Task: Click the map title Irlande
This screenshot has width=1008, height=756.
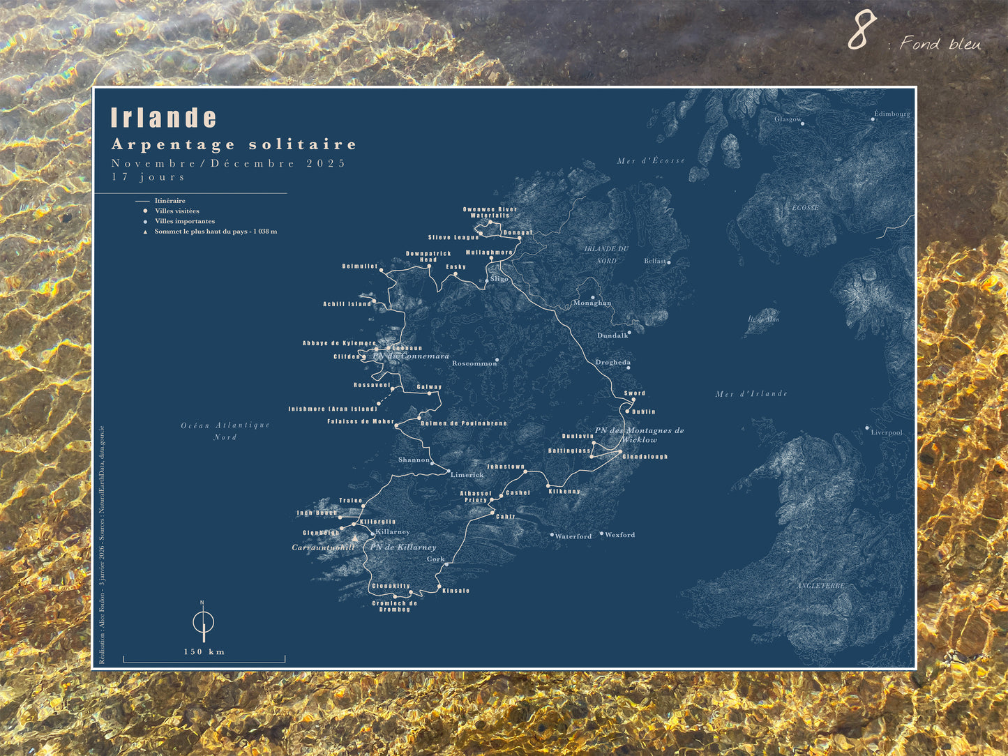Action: [x=164, y=118]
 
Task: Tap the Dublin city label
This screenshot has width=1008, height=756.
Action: [x=644, y=411]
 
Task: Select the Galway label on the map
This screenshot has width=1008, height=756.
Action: [x=429, y=387]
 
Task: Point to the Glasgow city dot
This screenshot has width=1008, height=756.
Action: [x=802, y=124]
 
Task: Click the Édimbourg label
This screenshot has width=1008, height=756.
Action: [x=892, y=114]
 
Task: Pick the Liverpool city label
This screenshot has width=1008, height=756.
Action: [x=887, y=432]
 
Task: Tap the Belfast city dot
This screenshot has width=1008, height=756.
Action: [x=669, y=263]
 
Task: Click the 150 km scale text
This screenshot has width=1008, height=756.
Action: [x=204, y=652]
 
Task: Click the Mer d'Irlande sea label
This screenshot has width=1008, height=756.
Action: [x=751, y=394]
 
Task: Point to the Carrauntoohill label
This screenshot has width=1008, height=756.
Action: [x=323, y=547]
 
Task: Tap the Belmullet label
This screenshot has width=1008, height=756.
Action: [x=360, y=266]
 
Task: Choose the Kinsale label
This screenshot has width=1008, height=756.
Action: [x=456, y=591]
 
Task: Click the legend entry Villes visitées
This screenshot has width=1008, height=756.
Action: [x=176, y=211]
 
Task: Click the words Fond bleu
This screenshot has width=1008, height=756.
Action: [x=940, y=44]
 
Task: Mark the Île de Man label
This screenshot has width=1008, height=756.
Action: [x=763, y=319]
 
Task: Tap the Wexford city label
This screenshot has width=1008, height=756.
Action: [x=619, y=535]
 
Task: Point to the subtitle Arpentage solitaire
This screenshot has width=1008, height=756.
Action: [x=234, y=144]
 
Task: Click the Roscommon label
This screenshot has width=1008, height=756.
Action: [x=474, y=363]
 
